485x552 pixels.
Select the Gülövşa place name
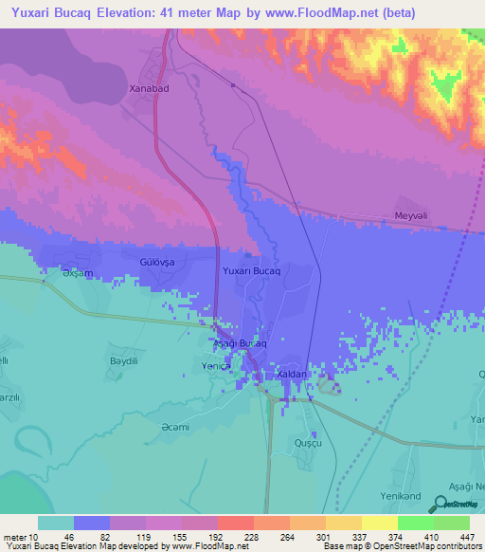click(158, 260)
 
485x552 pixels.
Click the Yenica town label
click(217, 364)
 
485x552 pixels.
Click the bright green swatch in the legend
click(414, 523)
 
